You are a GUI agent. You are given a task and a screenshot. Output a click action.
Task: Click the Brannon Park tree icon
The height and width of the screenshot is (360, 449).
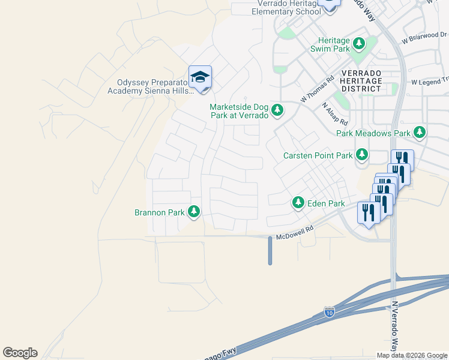[x=193, y=212]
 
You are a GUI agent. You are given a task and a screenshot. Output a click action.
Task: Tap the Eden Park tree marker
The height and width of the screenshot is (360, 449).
[x=298, y=203]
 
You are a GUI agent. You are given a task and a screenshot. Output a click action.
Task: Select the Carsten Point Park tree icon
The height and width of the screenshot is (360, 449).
[x=362, y=155]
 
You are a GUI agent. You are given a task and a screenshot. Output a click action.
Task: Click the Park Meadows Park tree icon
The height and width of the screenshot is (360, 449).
[x=420, y=133]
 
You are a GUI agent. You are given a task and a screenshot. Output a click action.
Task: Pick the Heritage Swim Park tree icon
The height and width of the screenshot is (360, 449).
[x=359, y=43]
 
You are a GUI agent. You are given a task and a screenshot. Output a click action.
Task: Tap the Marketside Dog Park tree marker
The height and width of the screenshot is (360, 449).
[x=277, y=110]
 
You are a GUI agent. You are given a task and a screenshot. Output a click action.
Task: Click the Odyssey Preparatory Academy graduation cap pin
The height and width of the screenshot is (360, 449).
[x=200, y=77]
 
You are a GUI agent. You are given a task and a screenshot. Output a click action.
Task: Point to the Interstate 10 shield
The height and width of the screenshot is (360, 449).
[x=329, y=311]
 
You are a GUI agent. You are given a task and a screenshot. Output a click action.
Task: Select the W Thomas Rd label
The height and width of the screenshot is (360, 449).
[x=318, y=88]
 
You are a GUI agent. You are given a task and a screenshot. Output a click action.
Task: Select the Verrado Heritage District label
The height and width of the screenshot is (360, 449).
[x=361, y=80]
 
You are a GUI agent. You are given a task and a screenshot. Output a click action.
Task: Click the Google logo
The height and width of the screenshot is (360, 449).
[x=20, y=353]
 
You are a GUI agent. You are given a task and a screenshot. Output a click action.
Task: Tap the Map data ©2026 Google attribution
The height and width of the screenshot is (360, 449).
[x=412, y=355]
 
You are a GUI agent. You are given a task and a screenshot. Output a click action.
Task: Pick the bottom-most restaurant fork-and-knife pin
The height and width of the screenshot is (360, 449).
[x=368, y=213]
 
